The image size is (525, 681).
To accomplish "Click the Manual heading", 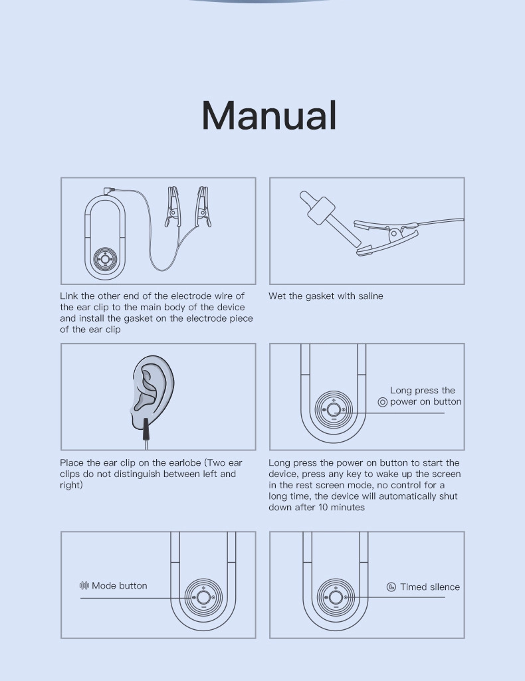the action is point(269,115).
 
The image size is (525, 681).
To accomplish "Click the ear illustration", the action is point(152,389).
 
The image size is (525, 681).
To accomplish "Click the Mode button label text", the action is point(120,585).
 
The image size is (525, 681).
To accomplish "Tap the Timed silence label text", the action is point(430,587).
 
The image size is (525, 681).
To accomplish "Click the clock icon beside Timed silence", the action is point(391,587).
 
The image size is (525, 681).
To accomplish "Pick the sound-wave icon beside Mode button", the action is point(84,585).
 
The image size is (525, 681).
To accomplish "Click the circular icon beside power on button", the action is point(383,402).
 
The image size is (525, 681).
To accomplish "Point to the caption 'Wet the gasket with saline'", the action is point(326,296).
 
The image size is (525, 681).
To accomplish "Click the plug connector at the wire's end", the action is point(109,191).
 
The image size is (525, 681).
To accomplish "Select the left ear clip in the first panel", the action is point(172,207).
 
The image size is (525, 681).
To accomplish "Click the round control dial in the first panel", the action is point(105,259).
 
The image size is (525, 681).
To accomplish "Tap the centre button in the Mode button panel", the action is point(203,597).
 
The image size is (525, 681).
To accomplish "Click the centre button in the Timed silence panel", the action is point(335,597).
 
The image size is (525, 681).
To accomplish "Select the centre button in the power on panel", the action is point(333,409).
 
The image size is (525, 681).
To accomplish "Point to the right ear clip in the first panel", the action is point(203,207).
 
